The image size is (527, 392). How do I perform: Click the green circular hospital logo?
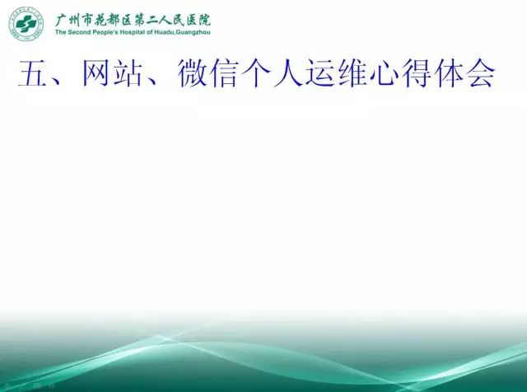coord(26,24)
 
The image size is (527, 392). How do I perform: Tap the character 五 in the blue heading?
coord(32,73)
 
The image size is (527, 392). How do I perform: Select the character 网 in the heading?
coord(96,73)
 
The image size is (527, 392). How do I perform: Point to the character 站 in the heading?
coord(128,73)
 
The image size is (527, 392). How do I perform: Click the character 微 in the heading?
coord(191,73)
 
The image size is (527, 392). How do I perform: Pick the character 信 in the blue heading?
coord(223,73)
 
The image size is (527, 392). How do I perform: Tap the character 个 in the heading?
coord(254,73)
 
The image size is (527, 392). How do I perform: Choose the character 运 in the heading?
coord(319,73)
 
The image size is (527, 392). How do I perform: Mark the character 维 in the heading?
coord(352,73)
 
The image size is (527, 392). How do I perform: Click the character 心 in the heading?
coord(384,73)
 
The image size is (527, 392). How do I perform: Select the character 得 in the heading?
coord(416,73)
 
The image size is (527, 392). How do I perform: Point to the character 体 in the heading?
coord(448,73)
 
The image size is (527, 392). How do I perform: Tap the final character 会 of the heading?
coord(481,73)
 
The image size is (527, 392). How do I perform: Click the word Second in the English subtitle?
coord(79,32)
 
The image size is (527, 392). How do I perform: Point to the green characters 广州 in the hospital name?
coord(68,20)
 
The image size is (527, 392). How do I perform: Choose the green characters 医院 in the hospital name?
coord(198,20)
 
